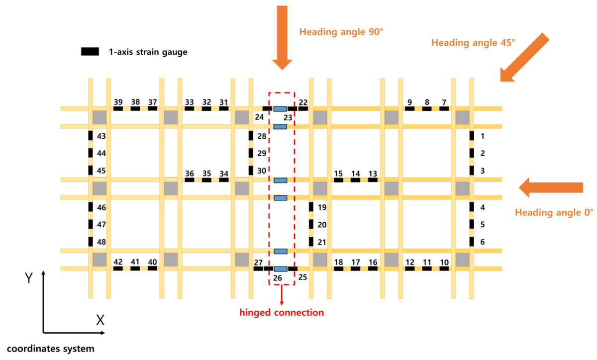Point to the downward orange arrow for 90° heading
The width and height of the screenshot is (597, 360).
coord(282,37)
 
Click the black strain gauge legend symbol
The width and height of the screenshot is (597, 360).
coord(90,51)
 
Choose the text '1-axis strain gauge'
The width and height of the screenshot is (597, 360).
coord(148,52)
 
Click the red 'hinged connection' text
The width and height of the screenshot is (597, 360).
coord(282,313)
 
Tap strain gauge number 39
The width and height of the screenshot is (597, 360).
coord(118,102)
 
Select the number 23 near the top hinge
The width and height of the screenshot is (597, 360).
coord(288,118)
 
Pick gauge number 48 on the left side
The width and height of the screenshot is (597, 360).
coord(101,242)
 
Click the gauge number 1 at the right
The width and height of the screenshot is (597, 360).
coord(483,136)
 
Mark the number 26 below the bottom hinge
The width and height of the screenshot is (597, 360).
coord(278,277)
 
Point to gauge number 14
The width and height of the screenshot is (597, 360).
coord(355,173)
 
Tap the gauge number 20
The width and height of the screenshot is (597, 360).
coord(322,225)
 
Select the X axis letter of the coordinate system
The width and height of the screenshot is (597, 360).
coord(100,320)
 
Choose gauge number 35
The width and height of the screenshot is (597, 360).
coord(206,173)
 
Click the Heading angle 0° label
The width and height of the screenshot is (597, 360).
coord(554,213)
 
